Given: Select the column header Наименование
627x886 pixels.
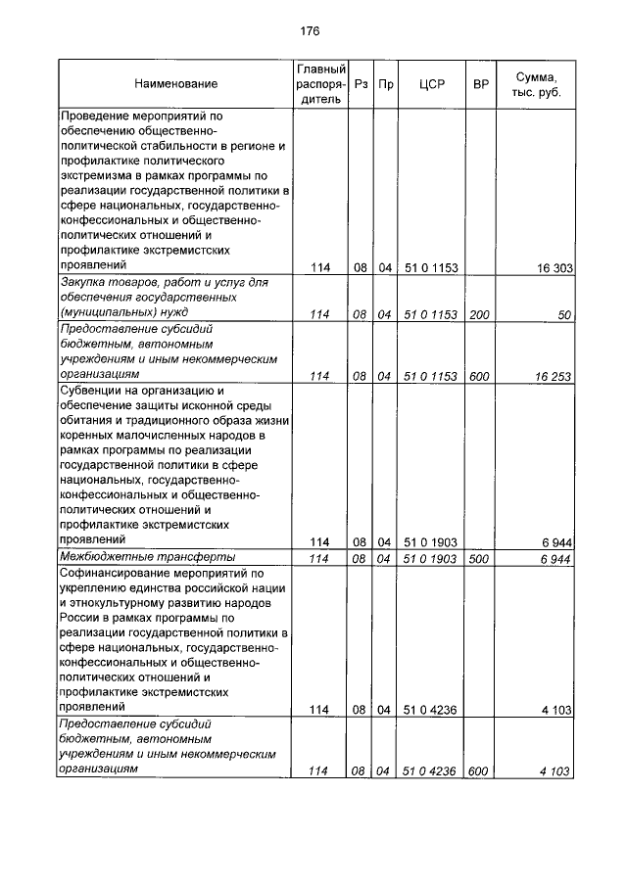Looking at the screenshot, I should coord(176,85).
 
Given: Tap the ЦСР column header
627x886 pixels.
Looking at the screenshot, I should coord(431,85).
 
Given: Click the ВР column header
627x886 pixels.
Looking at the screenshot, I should coord(480,85).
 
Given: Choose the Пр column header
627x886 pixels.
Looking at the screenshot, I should coord(385,85).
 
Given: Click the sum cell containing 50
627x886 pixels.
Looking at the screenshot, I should coord(564,314).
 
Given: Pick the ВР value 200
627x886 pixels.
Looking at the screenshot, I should coord(480,314).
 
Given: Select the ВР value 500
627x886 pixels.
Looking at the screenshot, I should coord(480,558).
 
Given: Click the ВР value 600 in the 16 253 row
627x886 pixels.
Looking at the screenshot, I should coord(480,376).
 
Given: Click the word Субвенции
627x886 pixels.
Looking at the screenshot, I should coord(93,391).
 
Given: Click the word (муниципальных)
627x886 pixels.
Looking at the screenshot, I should coord(110,314).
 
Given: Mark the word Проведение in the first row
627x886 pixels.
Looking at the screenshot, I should coord(97,116).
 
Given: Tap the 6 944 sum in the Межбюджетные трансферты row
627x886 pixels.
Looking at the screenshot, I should coord(555,558).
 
